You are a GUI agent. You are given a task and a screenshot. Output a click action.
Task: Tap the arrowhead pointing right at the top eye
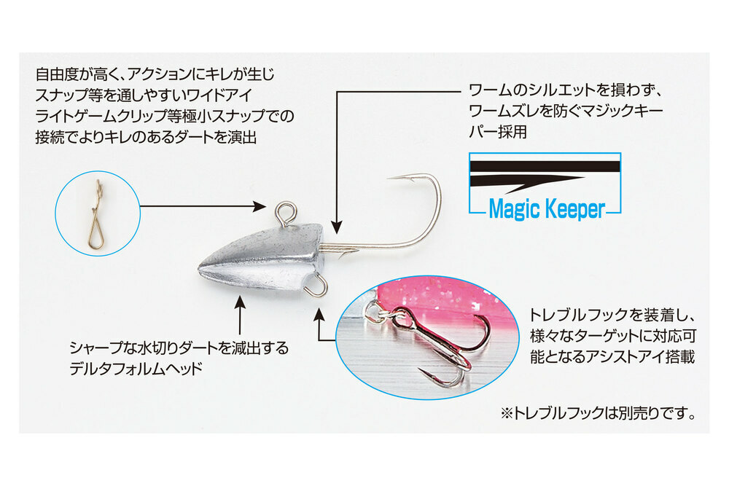(260, 205)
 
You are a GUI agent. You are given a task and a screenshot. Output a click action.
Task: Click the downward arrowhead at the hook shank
(337, 227)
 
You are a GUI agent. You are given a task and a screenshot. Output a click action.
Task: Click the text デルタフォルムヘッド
(136, 369)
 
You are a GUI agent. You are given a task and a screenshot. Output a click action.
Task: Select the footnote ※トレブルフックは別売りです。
(599, 412)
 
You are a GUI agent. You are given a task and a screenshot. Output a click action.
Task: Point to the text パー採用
(498, 132)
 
